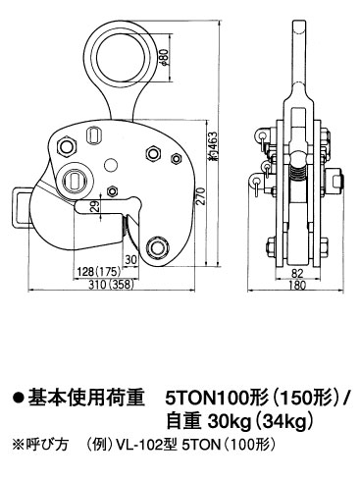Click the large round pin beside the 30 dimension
[155, 246]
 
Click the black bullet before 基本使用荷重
[17, 400]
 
